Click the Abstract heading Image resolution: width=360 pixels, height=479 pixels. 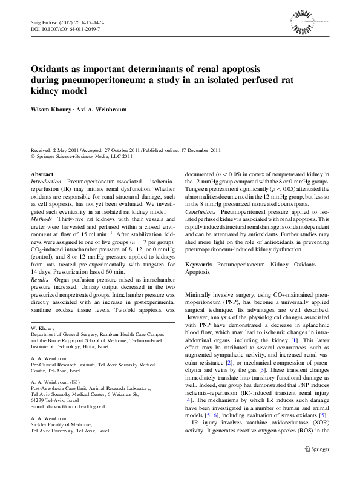[42, 174]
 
